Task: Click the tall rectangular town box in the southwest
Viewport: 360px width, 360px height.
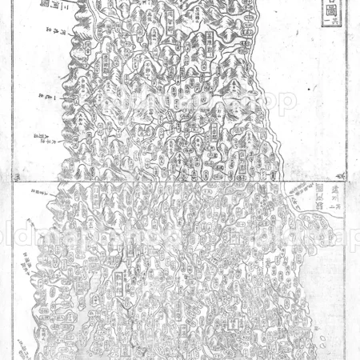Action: (118, 280)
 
